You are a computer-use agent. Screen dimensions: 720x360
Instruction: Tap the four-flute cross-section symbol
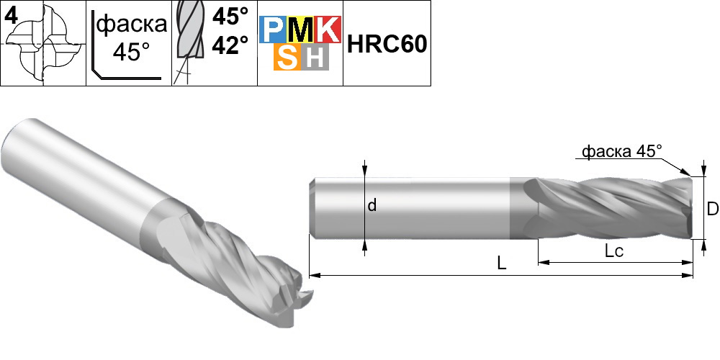[x=44, y=45]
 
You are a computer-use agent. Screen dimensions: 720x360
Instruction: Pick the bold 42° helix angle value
[x=230, y=45]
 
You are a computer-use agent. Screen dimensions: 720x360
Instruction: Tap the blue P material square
[x=270, y=30]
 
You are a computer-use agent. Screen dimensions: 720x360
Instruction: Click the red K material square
[x=328, y=30]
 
